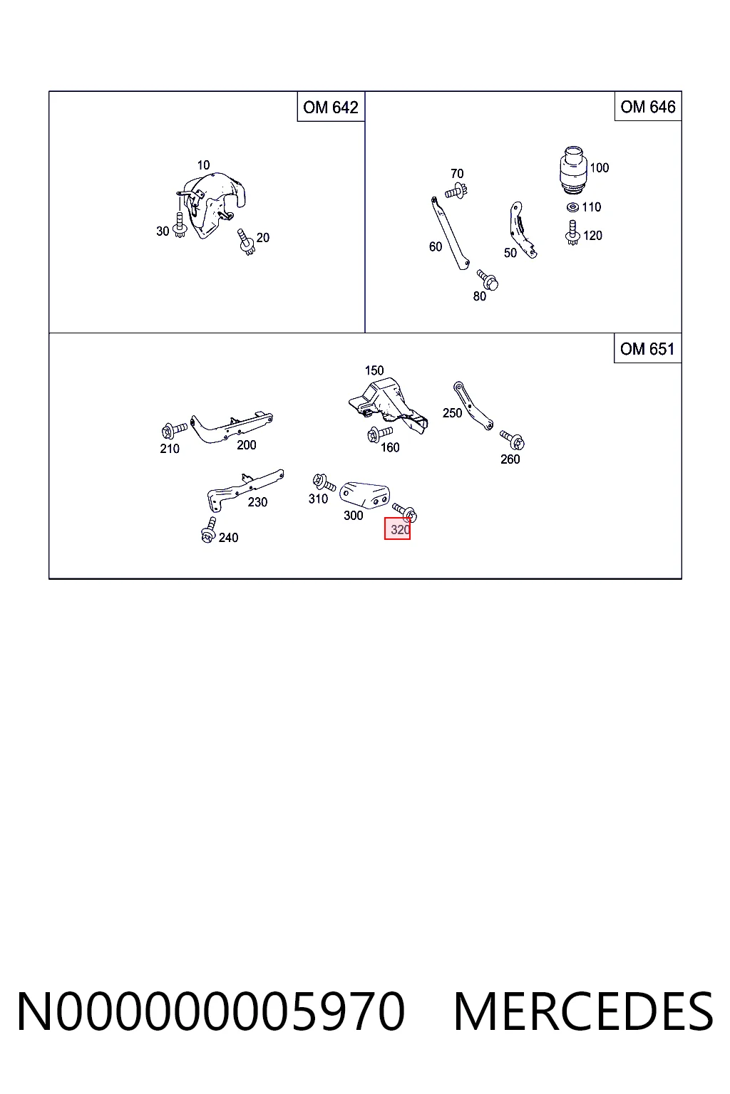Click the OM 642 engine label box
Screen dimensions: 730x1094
tap(331, 106)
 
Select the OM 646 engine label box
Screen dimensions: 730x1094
tap(648, 106)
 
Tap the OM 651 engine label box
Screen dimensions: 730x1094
tap(647, 348)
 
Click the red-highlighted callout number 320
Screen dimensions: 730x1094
tap(398, 528)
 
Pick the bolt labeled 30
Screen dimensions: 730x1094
tap(180, 225)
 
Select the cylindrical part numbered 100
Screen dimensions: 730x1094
tap(573, 168)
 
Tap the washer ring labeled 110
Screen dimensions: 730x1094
tap(572, 207)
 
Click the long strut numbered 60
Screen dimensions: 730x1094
tap(450, 234)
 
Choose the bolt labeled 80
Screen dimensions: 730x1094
tap(488, 280)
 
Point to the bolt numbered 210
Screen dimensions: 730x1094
tap(174, 430)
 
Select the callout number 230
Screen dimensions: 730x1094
tap(257, 501)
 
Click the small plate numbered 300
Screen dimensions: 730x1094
tap(365, 494)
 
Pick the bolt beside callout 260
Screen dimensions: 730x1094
tap(512, 439)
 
